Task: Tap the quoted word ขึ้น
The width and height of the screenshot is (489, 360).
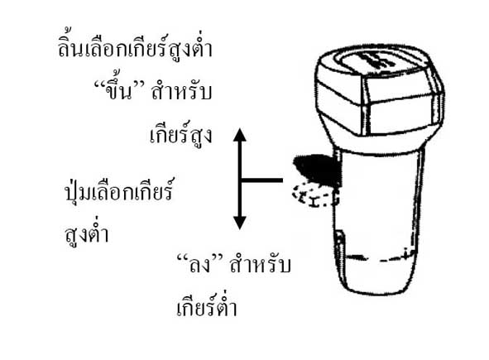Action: [x=118, y=90]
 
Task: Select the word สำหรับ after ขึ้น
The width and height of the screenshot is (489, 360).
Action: [x=181, y=92]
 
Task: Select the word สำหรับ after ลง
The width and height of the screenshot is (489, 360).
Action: [x=260, y=265]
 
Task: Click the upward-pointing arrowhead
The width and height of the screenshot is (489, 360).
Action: [x=239, y=135]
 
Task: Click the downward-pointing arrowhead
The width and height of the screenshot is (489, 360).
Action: [x=239, y=223]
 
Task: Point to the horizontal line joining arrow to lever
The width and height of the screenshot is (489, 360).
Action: [x=261, y=180]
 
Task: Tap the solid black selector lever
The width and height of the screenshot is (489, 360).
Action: [x=317, y=170]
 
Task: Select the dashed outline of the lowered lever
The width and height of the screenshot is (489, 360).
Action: [x=314, y=196]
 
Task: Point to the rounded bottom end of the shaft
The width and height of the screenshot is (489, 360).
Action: [x=378, y=286]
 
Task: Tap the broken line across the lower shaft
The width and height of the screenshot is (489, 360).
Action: [x=381, y=257]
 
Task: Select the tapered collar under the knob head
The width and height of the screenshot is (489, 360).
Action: [x=378, y=142]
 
